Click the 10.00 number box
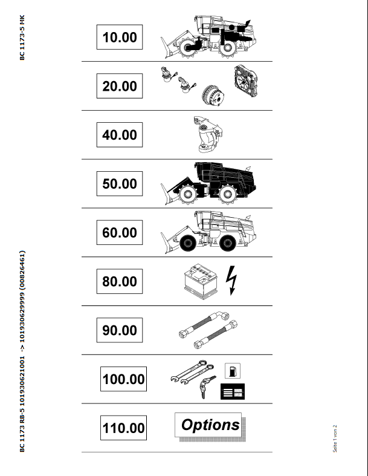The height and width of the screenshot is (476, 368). click(x=120, y=37)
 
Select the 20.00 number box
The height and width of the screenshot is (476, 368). click(x=120, y=86)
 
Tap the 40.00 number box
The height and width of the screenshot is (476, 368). click(x=120, y=135)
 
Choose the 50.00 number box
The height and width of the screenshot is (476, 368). click(x=120, y=184)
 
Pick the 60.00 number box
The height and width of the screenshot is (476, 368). click(x=120, y=232)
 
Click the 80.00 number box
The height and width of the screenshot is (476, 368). click(x=120, y=281)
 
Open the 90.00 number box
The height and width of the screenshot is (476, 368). click(x=120, y=330)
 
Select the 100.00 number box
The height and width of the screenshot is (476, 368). click(x=123, y=379)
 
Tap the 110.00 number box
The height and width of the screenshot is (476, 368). click(x=123, y=428)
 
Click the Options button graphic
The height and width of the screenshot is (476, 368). click(x=210, y=426)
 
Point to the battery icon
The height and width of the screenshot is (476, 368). click(x=201, y=281)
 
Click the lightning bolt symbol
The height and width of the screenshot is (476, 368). click(x=231, y=280)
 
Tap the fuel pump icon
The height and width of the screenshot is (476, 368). click(x=233, y=371)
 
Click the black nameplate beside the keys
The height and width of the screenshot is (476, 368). click(x=233, y=391)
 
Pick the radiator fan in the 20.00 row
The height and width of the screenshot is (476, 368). click(x=246, y=81)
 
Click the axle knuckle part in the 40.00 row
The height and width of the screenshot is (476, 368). click(x=207, y=134)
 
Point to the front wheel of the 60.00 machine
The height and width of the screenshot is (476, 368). click(x=188, y=243)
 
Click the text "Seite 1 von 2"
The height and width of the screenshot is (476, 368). click(x=335, y=439)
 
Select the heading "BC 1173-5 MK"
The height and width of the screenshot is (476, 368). click(x=22, y=37)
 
